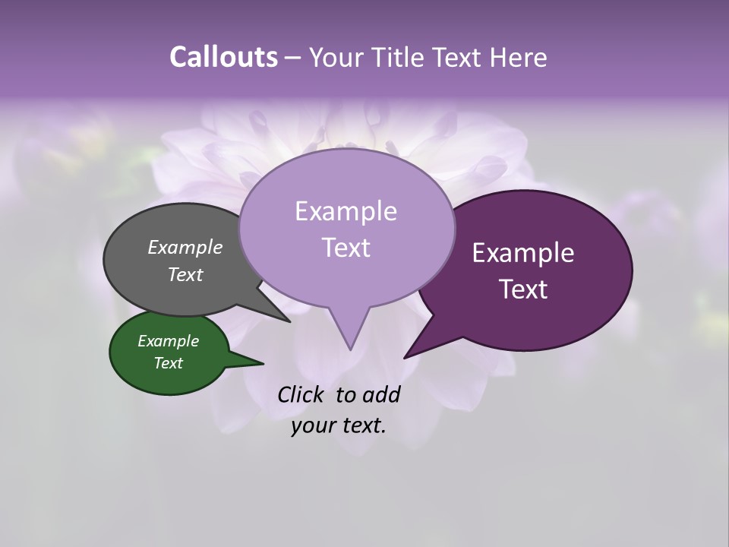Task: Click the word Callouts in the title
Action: (x=223, y=57)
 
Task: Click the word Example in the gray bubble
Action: (x=185, y=247)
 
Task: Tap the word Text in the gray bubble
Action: (x=185, y=274)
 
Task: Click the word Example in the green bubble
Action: (x=168, y=341)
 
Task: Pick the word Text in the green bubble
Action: (x=168, y=363)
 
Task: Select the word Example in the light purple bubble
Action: (x=346, y=211)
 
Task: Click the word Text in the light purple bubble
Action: (x=346, y=247)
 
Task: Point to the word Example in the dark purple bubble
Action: (x=523, y=253)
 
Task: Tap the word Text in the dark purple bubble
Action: (x=523, y=289)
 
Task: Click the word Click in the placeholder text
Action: (x=301, y=394)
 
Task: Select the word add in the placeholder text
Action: (x=381, y=394)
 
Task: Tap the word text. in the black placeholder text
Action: (x=361, y=425)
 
